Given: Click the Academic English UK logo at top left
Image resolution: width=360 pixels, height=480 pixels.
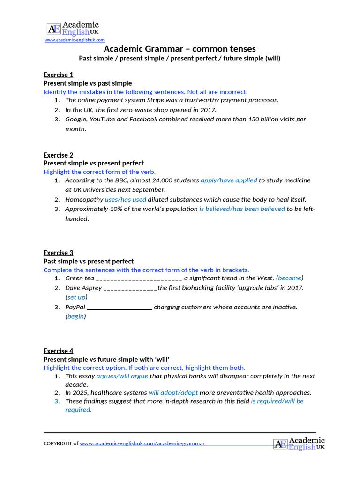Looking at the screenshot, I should click(x=73, y=28).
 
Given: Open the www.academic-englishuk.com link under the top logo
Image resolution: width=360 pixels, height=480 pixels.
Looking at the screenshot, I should click(x=75, y=40).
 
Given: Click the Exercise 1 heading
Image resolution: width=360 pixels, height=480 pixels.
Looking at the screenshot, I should click(x=58, y=75).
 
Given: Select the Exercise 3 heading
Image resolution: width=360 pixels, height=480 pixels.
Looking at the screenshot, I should click(x=58, y=253).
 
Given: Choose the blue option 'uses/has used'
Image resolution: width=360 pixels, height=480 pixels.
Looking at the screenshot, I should click(x=126, y=199).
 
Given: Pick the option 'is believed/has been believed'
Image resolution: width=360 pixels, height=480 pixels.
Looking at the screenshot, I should click(x=242, y=209).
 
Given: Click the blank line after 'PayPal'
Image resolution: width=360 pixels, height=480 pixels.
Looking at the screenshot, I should click(x=120, y=307).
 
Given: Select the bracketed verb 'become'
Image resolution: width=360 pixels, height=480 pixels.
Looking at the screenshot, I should click(x=290, y=278).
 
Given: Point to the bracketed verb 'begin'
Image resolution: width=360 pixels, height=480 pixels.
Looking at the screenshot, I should click(x=75, y=316).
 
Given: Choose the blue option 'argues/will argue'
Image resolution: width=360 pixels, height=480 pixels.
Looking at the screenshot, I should click(x=122, y=376).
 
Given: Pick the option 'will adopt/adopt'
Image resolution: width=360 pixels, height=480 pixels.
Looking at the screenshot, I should click(x=173, y=392).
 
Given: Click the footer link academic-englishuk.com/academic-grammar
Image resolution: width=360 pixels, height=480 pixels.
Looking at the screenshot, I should click(x=142, y=443).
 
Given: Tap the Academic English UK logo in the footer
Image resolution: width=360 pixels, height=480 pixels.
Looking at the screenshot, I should click(x=299, y=443).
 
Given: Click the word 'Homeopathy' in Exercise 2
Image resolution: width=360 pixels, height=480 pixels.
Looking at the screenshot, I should click(x=84, y=199).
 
